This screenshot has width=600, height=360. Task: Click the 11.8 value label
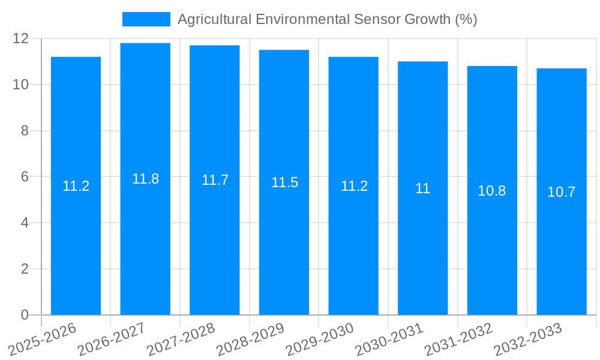(x=145, y=179)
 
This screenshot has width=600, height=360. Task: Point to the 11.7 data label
(x=215, y=180)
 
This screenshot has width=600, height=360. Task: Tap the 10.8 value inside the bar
(x=492, y=191)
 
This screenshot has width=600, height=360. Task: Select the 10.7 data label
(x=562, y=192)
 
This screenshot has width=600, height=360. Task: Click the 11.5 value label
(x=284, y=182)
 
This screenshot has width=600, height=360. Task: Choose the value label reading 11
(x=422, y=188)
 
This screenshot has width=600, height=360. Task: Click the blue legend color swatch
(x=146, y=19)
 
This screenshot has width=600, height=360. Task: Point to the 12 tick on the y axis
(x=21, y=38)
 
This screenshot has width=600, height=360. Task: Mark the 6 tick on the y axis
(x=25, y=177)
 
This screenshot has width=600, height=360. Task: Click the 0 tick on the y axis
(x=25, y=315)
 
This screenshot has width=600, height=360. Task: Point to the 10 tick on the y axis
(x=21, y=85)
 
